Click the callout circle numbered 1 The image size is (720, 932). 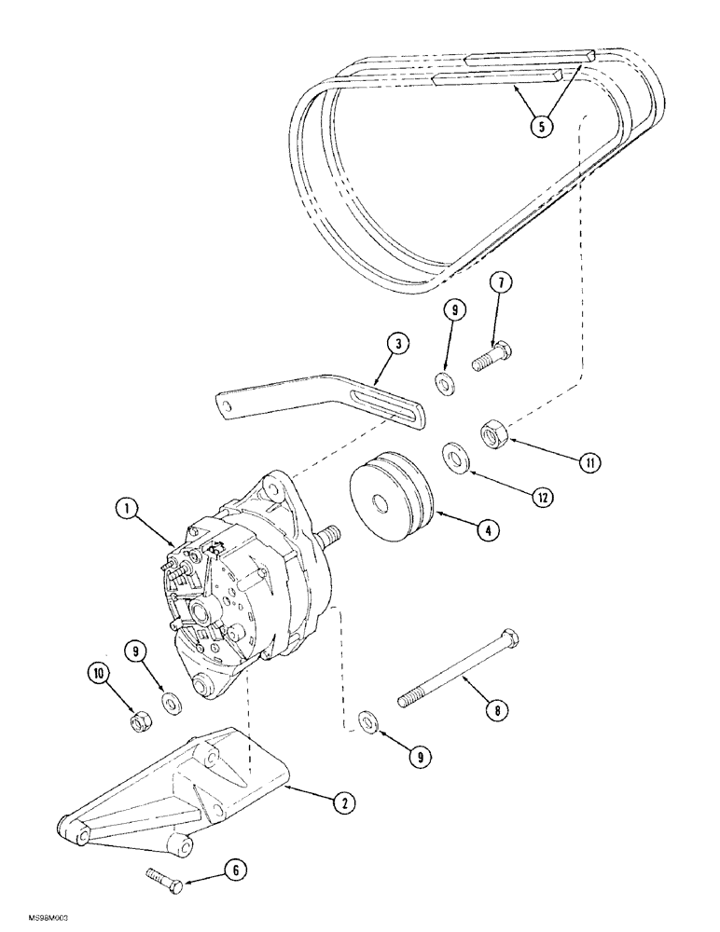click(128, 509)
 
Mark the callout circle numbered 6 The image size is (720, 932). click(235, 870)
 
